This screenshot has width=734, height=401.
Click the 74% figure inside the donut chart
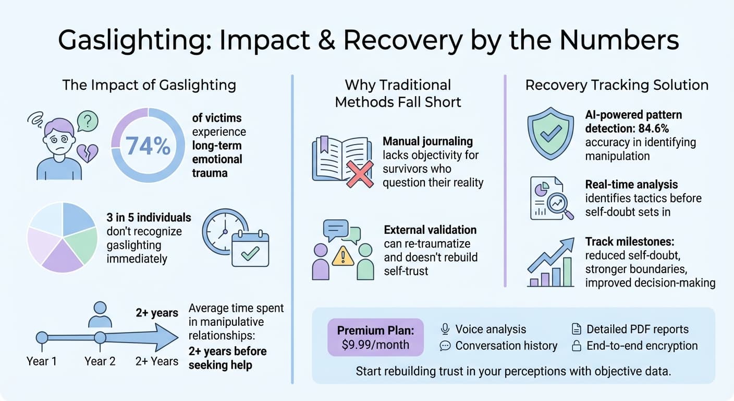[148, 146]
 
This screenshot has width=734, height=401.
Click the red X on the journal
[360, 174]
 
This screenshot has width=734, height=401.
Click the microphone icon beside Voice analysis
[445, 329]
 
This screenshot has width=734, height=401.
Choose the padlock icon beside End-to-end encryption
[577, 346]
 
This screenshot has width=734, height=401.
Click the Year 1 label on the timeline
[42, 361]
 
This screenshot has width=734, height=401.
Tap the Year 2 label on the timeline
[100, 361]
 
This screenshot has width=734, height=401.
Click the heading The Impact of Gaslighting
[149, 85]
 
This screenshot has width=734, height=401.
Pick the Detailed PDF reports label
[637, 329]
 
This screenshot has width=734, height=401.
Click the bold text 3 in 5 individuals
[149, 217]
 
